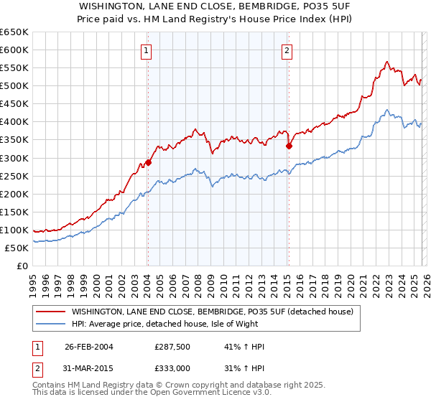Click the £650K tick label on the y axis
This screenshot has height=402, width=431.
point(15,32)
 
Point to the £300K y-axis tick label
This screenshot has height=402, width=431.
point(15,158)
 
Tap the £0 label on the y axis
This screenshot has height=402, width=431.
point(23,266)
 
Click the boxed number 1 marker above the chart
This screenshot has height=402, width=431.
point(147,50)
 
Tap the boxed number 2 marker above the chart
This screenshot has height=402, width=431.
point(287,50)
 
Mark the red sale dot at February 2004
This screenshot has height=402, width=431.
point(149,162)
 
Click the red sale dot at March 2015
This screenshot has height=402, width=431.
point(289,146)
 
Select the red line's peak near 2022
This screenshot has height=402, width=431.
point(387,62)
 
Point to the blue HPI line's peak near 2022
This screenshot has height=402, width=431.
point(386,110)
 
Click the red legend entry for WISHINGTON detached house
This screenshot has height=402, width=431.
point(212,312)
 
